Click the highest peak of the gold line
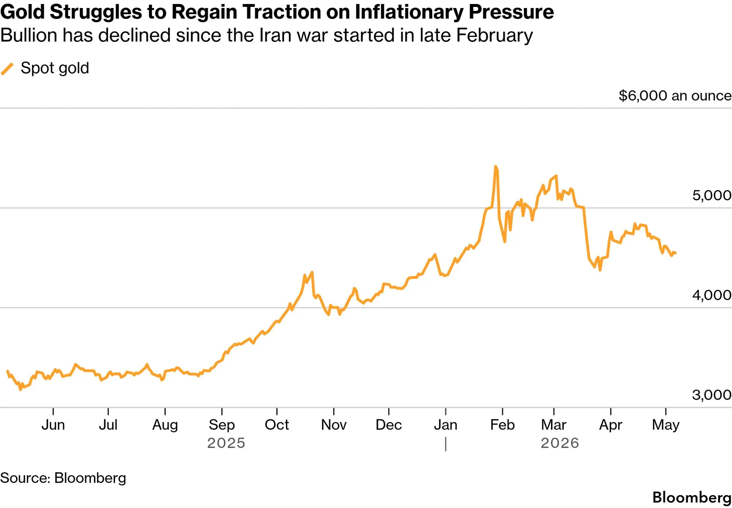point(495,166)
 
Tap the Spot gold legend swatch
point(7,69)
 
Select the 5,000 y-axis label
point(712,195)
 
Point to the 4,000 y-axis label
point(712,295)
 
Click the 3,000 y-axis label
point(712,395)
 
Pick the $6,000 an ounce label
point(675,96)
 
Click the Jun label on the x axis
point(53,425)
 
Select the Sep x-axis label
point(222,425)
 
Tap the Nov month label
point(334,425)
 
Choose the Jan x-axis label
point(446,425)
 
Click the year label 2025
point(226,443)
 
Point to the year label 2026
point(560,443)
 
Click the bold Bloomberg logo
point(692,498)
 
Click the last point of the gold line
point(675,253)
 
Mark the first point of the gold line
point(8,371)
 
